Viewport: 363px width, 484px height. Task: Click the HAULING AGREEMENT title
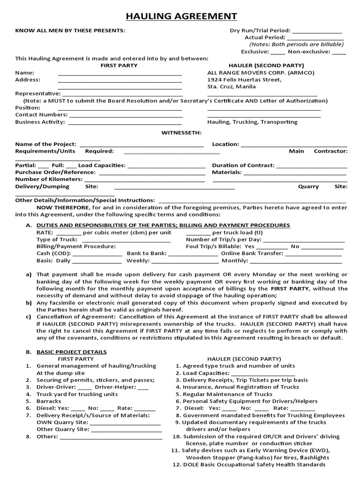pos(181,17)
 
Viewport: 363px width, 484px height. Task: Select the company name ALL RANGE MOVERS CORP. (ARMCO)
pos(260,73)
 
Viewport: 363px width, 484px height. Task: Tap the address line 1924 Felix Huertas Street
pos(244,80)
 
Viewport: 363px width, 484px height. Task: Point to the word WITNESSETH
pos(181,133)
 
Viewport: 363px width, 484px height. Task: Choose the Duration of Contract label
pos(243,165)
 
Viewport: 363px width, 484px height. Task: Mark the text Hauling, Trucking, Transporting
pos(252,122)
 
